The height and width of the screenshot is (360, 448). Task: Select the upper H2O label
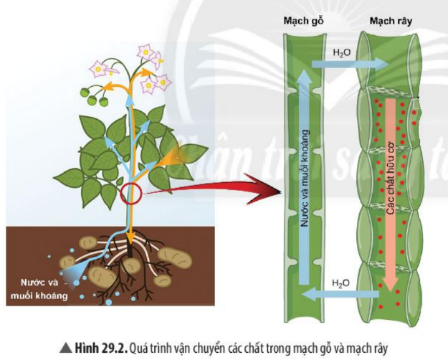coord(343,53)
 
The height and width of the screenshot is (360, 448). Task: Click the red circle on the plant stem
coord(132,194)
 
